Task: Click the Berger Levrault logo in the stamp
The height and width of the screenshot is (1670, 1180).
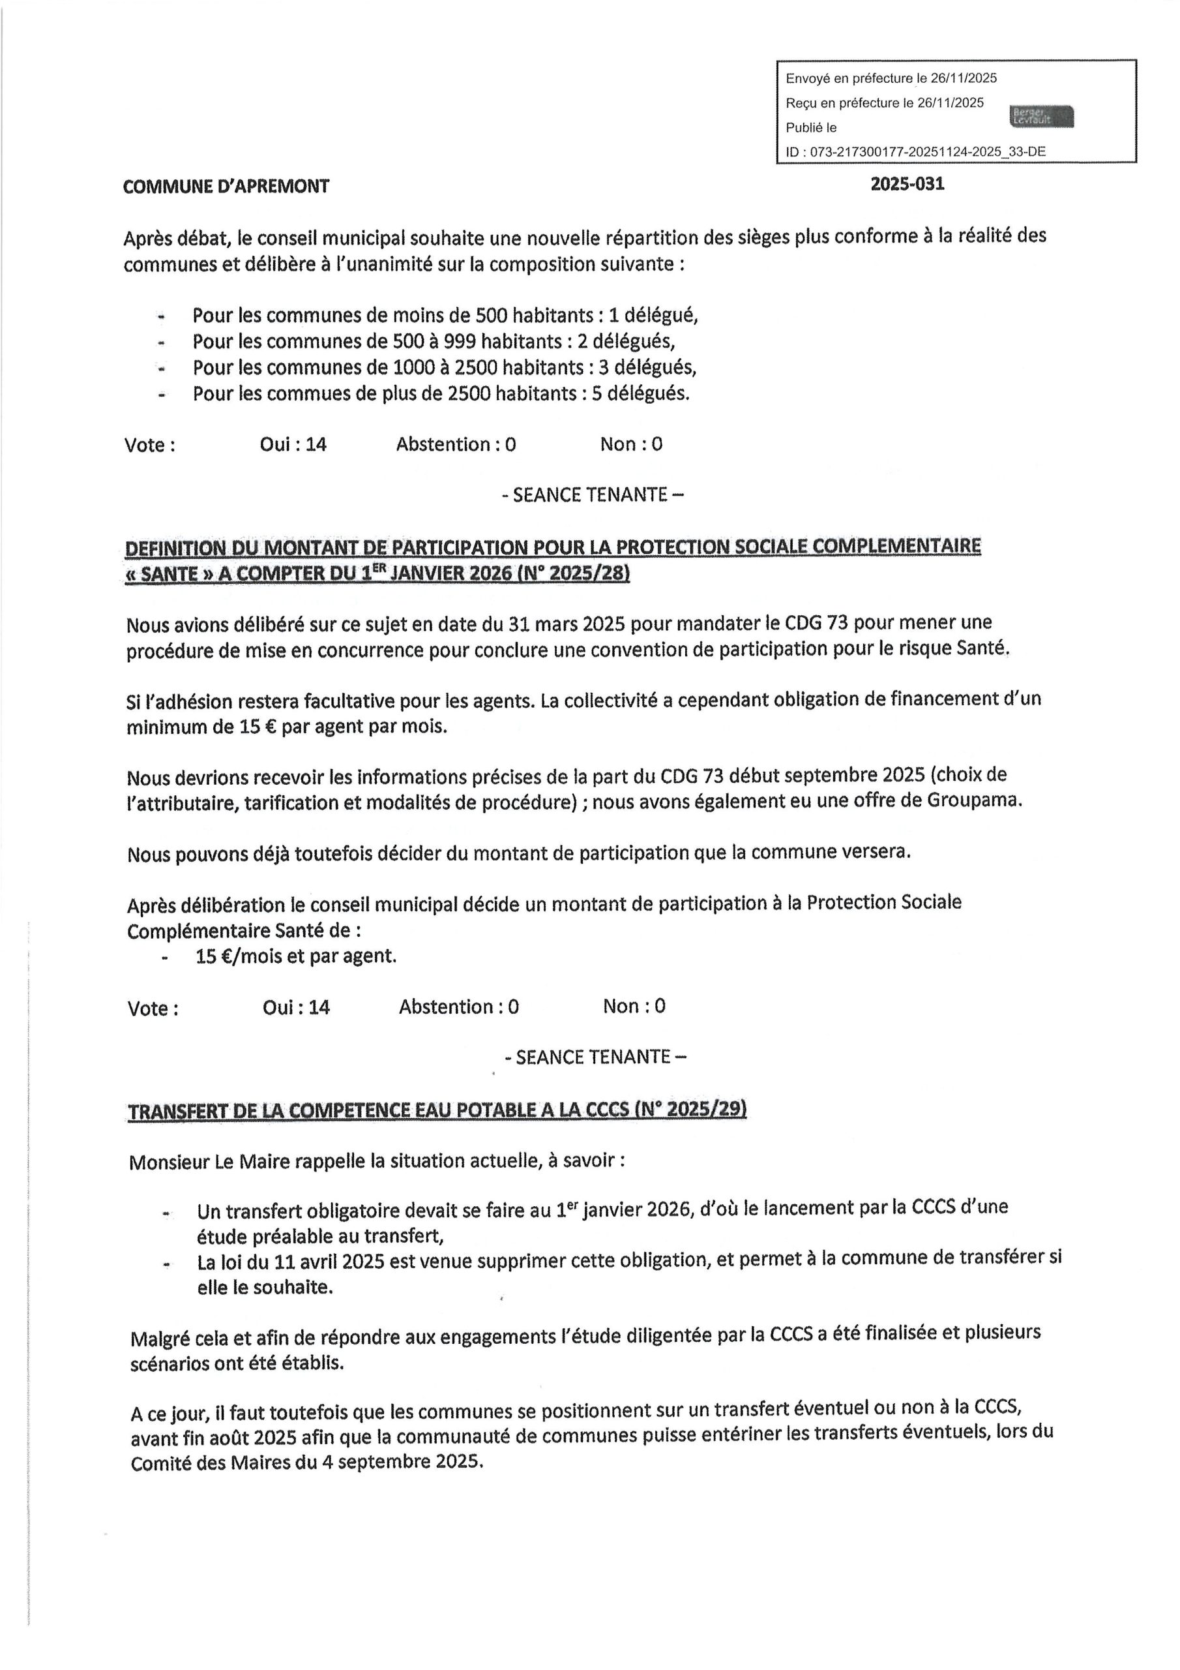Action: point(1041,115)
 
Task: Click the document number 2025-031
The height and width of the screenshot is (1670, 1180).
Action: point(907,184)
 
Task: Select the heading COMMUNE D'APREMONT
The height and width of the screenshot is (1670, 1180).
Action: point(226,186)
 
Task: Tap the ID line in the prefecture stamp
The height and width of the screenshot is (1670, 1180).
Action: point(915,151)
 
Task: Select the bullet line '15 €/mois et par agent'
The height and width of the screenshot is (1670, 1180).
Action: point(295,956)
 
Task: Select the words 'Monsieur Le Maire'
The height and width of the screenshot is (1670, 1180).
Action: point(209,1162)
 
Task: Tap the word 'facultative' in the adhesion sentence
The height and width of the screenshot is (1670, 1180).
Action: point(346,701)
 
